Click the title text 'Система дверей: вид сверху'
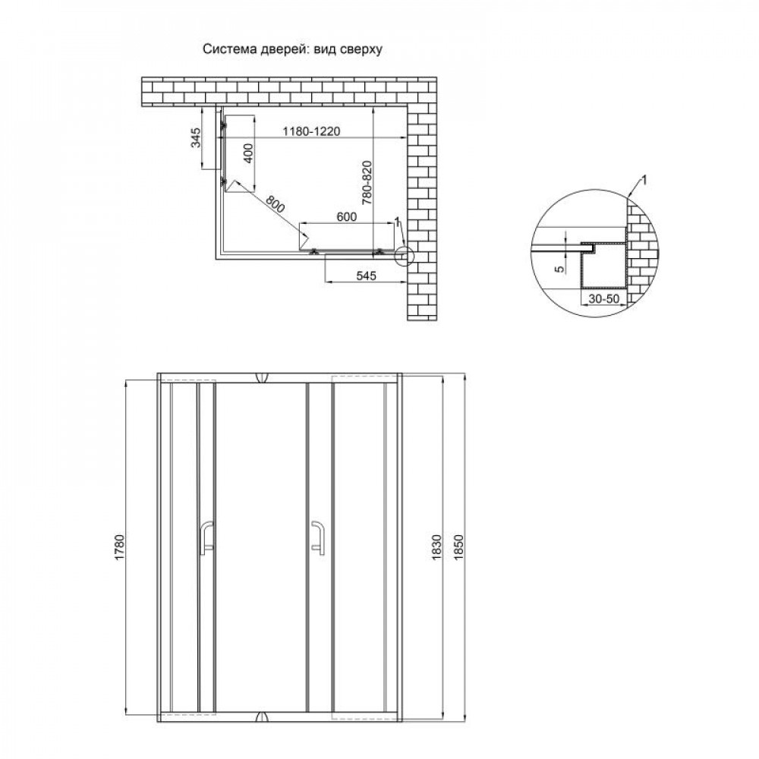pos(292,49)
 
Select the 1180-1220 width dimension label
pos(311,131)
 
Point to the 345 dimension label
pos(195,138)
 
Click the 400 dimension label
pos(247,153)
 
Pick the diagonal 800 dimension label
pos(275,204)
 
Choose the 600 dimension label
pos(347,217)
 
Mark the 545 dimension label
pos(366,276)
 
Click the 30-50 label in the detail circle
pos(603,298)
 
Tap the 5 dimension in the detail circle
pos(560,269)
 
